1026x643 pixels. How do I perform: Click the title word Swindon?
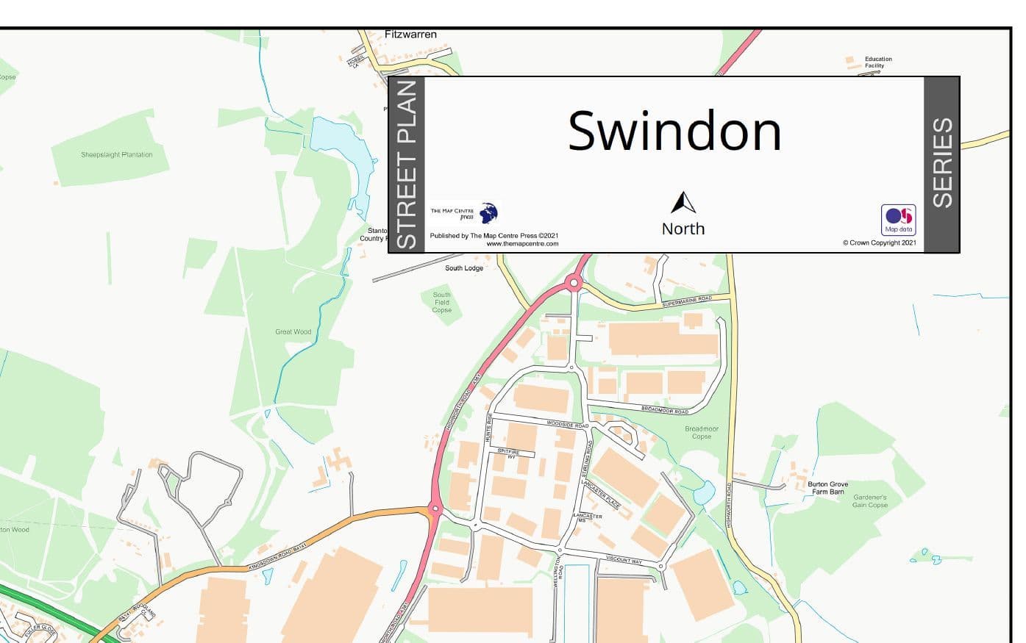pyautogui.click(x=674, y=131)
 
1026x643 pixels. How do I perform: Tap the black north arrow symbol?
pyautogui.click(x=683, y=203)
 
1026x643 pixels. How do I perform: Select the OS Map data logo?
pyautogui.click(x=898, y=219)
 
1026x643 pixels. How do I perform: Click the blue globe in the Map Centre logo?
pyautogui.click(x=488, y=213)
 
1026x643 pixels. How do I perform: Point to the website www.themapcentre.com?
pyautogui.click(x=522, y=244)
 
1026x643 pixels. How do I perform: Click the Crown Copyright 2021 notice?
pyautogui.click(x=880, y=243)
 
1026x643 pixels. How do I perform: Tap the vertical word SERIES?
pyautogui.click(x=942, y=163)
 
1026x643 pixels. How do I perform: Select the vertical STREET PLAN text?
pyautogui.click(x=407, y=165)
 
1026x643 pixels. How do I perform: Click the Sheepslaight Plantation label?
pyautogui.click(x=117, y=155)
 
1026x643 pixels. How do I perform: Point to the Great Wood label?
pyautogui.click(x=293, y=332)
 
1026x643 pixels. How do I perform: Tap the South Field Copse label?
pyautogui.click(x=442, y=302)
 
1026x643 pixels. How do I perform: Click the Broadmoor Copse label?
pyautogui.click(x=701, y=432)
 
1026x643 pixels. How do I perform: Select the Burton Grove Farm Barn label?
pyautogui.click(x=827, y=488)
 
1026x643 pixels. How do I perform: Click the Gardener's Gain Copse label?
pyautogui.click(x=870, y=501)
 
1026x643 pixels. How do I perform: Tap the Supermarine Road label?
pyautogui.click(x=687, y=301)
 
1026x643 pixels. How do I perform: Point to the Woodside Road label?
pyautogui.click(x=567, y=424)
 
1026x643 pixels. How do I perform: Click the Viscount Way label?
pyautogui.click(x=624, y=560)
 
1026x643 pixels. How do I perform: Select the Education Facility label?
pyautogui.click(x=878, y=62)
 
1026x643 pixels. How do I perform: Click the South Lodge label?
pyautogui.click(x=464, y=268)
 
